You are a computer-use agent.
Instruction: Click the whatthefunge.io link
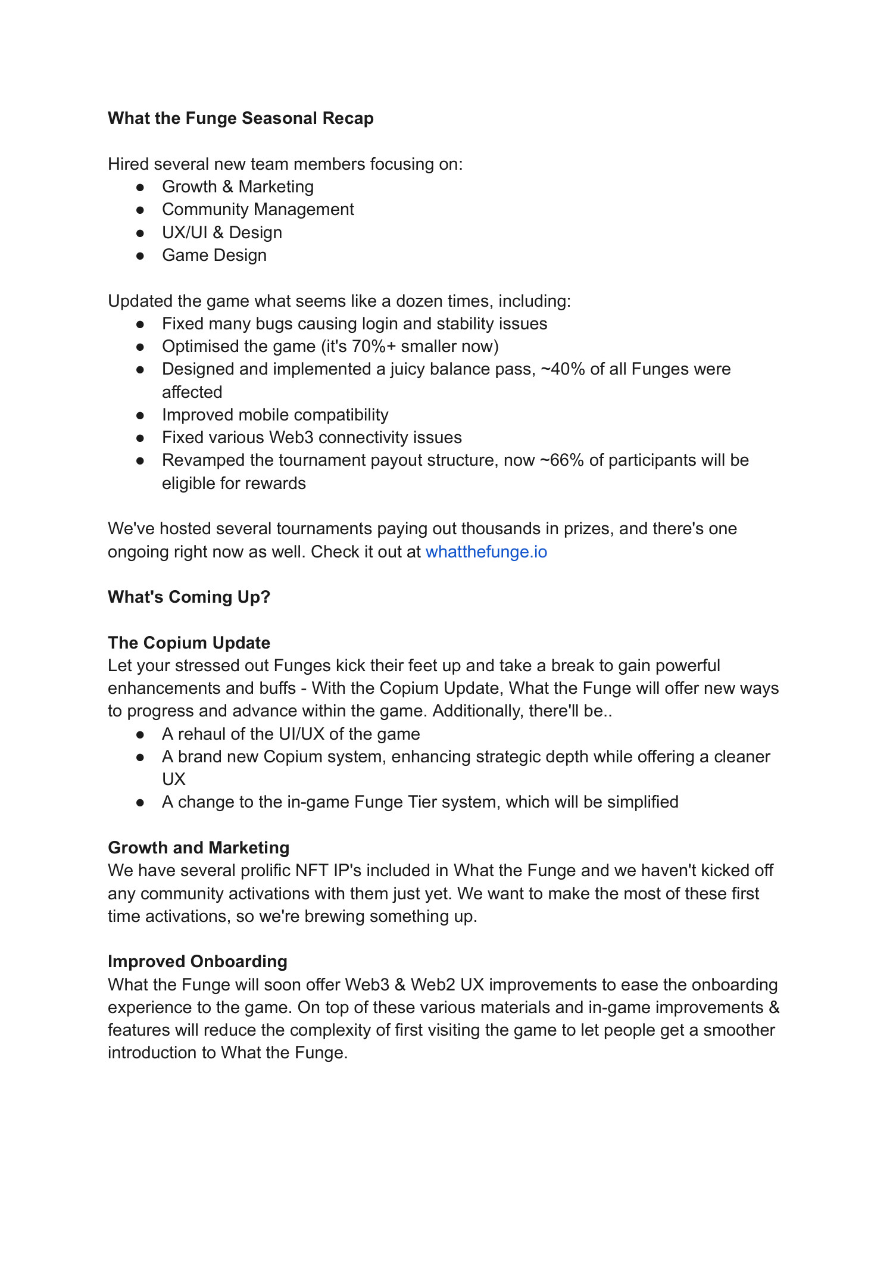pyautogui.click(x=486, y=552)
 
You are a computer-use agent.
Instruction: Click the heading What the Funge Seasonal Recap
pyautogui.click(x=241, y=119)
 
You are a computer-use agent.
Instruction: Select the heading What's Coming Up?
pyautogui.click(x=189, y=597)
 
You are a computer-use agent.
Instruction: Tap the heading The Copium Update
pyautogui.click(x=189, y=643)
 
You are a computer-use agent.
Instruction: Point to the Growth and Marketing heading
pyautogui.click(x=198, y=848)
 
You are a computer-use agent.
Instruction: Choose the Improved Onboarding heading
pyautogui.click(x=197, y=962)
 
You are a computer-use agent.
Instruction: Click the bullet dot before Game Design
pyautogui.click(x=140, y=255)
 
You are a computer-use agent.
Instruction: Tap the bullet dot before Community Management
pyautogui.click(x=140, y=210)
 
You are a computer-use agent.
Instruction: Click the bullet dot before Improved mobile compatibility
pyautogui.click(x=140, y=415)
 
